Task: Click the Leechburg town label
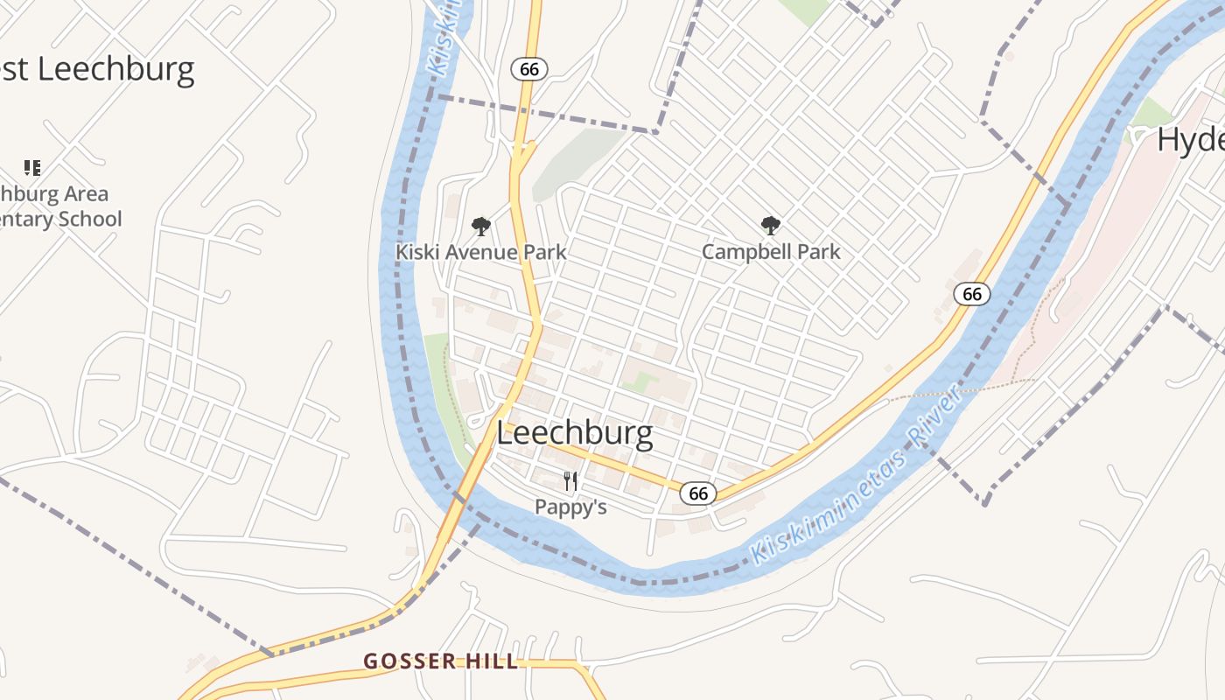(x=574, y=433)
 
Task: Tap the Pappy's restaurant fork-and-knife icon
(x=570, y=480)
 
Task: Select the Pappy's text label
(x=570, y=507)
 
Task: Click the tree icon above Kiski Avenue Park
(x=480, y=227)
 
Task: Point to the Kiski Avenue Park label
(x=480, y=252)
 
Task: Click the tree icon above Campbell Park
(x=770, y=227)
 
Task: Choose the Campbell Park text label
(x=770, y=252)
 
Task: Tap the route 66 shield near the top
(x=528, y=69)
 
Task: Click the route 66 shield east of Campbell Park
(x=971, y=294)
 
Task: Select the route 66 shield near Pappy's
(x=697, y=493)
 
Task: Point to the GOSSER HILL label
(x=441, y=661)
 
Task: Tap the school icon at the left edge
(x=32, y=167)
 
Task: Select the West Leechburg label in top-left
(x=96, y=68)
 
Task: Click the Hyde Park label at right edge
(x=1190, y=139)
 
